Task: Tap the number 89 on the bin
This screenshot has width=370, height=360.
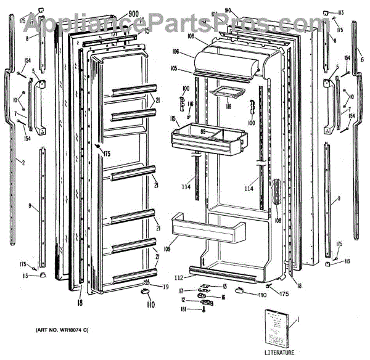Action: pos(203,131)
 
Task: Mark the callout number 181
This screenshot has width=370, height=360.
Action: pos(183,309)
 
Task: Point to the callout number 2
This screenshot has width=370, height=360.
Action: pos(23,163)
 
